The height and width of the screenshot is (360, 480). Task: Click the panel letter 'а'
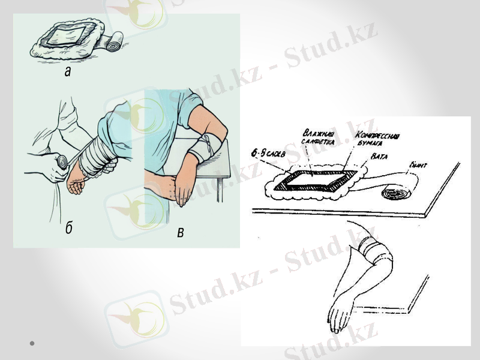coord(67,73)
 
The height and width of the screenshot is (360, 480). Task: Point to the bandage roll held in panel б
coord(62,161)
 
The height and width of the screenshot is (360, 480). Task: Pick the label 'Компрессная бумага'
coord(377,139)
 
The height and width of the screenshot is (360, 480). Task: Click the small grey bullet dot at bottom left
coord(31,343)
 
